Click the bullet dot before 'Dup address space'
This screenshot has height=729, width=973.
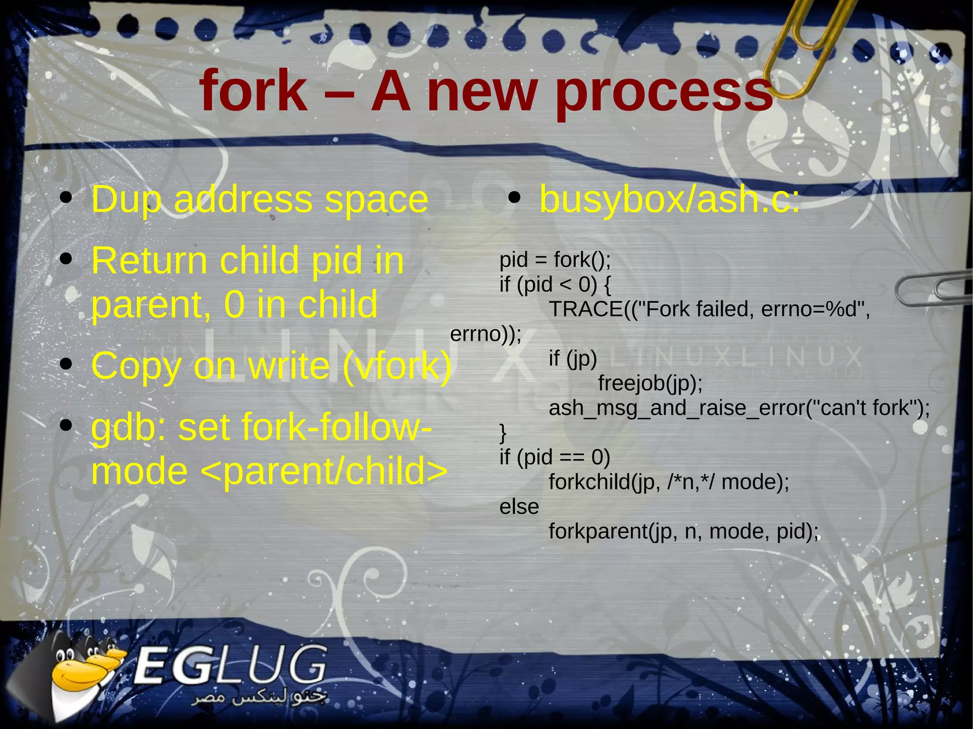pyautogui.click(x=66, y=198)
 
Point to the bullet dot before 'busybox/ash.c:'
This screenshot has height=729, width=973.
pyautogui.click(x=514, y=198)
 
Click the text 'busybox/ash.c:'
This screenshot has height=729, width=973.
pyautogui.click(x=669, y=199)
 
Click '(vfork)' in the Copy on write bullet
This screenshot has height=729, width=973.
pyautogui.click(x=396, y=366)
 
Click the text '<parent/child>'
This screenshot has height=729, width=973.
pyautogui.click(x=324, y=471)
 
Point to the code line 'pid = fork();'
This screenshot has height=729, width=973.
pyautogui.click(x=554, y=260)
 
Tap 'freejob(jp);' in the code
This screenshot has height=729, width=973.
pyautogui.click(x=650, y=383)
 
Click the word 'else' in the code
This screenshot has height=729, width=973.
pyautogui.click(x=519, y=507)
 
